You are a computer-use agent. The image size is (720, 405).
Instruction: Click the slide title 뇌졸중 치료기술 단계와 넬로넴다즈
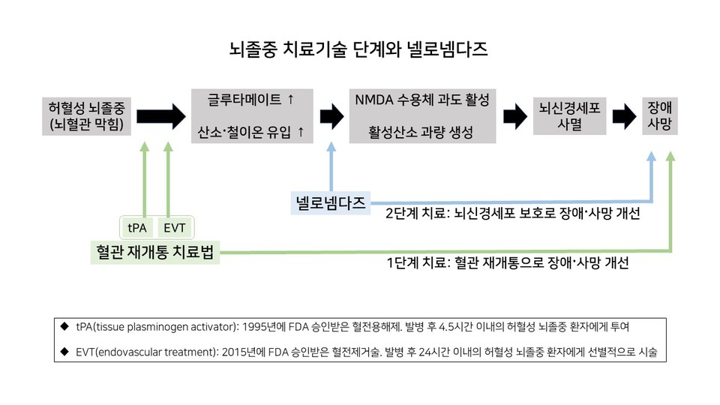pos(359,51)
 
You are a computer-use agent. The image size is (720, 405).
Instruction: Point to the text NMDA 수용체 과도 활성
pos(422,99)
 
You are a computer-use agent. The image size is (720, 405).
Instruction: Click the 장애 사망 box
pos(660,115)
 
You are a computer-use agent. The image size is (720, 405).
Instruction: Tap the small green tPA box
pos(138,226)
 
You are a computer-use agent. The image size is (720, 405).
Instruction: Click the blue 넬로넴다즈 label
pos(330,202)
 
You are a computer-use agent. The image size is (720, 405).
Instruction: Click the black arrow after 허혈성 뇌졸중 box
pos(160,115)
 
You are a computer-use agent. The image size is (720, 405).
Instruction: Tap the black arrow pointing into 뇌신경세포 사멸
pos(514,115)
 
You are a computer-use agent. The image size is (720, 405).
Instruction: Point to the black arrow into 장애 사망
pos(623,115)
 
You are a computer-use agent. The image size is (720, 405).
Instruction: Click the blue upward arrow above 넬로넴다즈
pos(330,165)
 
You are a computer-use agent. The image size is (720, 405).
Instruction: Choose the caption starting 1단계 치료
pos(507,263)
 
